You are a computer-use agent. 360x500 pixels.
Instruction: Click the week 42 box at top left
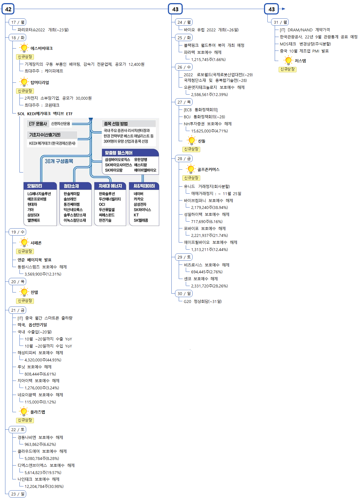(x=8, y=9)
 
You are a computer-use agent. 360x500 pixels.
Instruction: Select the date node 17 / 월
(x=18, y=22)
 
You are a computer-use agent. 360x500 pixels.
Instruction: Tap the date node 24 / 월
(x=184, y=22)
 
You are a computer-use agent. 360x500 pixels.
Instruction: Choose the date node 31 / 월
(x=280, y=22)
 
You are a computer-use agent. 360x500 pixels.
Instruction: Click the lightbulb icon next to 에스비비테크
(x=24, y=48)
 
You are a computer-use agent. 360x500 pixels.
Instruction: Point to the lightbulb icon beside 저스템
(x=288, y=60)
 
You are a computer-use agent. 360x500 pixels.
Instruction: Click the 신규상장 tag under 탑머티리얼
(x=25, y=91)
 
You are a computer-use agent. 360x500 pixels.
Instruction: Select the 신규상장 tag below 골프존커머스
(x=191, y=178)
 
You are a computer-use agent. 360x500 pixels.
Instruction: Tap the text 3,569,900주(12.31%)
(x=43, y=274)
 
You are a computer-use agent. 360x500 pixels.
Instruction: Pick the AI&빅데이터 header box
(x=144, y=186)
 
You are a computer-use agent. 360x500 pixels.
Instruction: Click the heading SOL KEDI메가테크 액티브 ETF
(x=45, y=114)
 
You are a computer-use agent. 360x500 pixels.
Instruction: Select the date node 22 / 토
(x=18, y=429)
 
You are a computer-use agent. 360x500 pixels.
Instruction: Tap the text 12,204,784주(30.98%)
(x=44, y=486)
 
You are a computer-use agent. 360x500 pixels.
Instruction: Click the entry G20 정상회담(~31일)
(x=202, y=302)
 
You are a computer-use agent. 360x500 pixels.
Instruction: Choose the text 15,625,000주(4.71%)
(x=209, y=131)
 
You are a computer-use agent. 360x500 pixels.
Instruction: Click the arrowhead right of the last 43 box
(x=283, y=9)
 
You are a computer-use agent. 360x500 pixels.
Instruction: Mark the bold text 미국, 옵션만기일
(x=32, y=325)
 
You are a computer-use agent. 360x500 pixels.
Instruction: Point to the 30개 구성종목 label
(x=59, y=161)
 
